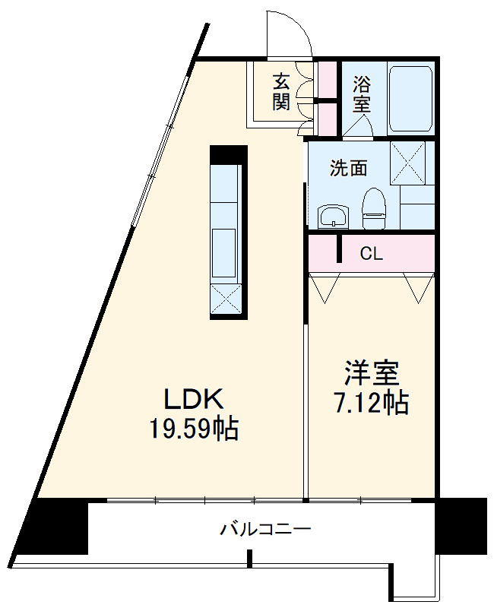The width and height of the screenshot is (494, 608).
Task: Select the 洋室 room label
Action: [372, 374]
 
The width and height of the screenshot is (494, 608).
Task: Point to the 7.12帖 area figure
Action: [372, 403]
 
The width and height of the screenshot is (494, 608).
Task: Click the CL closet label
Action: [371, 254]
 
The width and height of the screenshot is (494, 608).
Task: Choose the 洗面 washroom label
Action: [348, 168]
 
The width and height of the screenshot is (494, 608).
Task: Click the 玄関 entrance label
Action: [283, 91]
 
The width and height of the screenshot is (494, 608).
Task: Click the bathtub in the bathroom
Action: [410, 98]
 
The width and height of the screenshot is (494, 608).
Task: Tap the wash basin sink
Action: [333, 217]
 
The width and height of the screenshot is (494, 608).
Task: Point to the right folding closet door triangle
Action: [416, 289]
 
